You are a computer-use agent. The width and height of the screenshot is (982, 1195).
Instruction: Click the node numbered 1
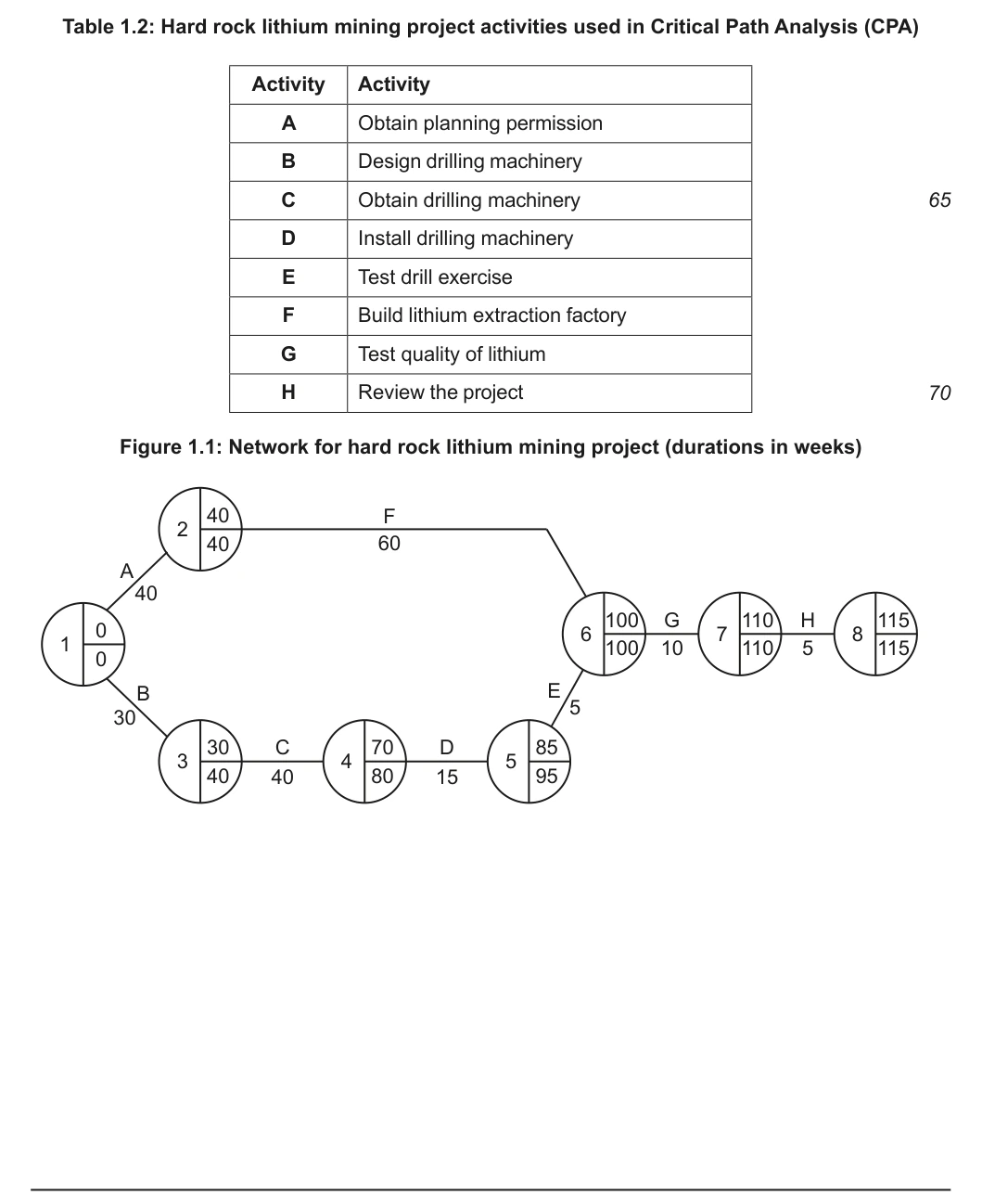click(x=83, y=644)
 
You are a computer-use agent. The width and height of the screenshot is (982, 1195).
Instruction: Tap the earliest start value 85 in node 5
click(x=546, y=747)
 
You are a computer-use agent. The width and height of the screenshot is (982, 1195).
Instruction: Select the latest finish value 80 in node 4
click(x=382, y=776)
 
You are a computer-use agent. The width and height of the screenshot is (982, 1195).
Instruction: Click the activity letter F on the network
click(x=389, y=516)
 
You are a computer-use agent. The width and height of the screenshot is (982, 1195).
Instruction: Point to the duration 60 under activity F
click(x=389, y=544)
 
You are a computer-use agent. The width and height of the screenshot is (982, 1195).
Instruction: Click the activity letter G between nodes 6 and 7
click(x=671, y=620)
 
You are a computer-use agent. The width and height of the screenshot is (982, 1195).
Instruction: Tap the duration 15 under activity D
click(x=447, y=777)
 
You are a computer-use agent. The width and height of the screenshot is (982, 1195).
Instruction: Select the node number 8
click(x=858, y=634)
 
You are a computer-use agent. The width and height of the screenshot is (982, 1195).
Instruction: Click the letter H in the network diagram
click(x=808, y=620)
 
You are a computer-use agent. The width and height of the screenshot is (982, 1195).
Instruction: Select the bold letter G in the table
click(x=288, y=354)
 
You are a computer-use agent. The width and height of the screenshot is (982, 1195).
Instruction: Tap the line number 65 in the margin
click(x=939, y=200)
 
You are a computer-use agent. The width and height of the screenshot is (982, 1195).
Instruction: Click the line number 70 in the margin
click(x=939, y=392)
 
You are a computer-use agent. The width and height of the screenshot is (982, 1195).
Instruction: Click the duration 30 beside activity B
click(x=124, y=718)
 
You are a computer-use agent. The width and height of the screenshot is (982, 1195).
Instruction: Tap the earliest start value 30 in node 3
click(x=218, y=748)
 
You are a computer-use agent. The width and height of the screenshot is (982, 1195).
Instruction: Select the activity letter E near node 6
click(x=554, y=690)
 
